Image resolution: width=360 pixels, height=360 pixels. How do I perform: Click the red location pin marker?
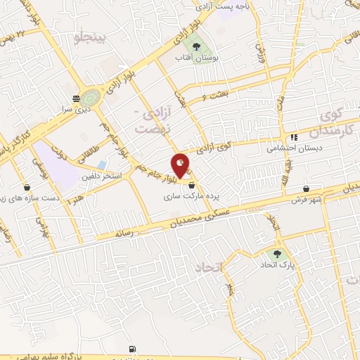[x=181, y=165]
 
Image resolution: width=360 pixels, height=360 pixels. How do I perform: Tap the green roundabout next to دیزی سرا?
[x=90, y=98]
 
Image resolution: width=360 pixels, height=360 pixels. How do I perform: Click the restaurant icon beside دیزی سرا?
[x=76, y=98]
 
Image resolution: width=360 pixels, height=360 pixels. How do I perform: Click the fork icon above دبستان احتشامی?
[x=293, y=136]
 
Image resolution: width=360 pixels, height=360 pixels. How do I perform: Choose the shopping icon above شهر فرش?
[x=307, y=188]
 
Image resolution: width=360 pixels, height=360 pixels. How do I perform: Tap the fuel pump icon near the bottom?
[x=134, y=349]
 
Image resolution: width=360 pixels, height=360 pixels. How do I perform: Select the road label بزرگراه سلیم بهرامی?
[x=70, y=358]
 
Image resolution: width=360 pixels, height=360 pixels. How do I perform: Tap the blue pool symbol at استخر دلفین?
[x=101, y=164]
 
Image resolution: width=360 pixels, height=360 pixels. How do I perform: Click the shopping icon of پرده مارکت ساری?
[x=191, y=184]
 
